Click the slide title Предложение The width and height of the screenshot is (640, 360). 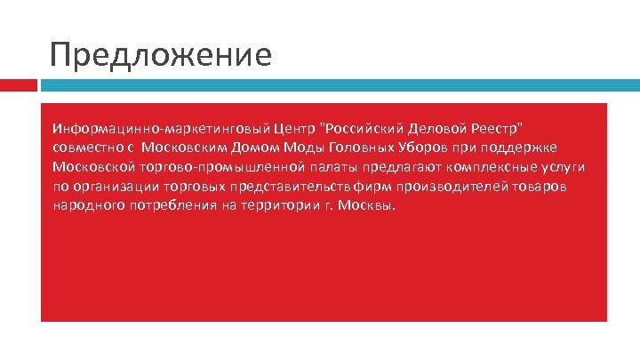click(161, 55)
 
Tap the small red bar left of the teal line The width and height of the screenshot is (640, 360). click(18, 85)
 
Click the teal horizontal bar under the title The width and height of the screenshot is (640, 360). click(338, 85)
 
